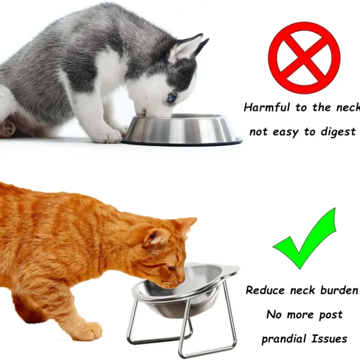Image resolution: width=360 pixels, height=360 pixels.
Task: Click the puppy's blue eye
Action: point(171,98)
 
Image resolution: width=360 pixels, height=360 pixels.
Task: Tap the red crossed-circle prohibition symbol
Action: point(304,58)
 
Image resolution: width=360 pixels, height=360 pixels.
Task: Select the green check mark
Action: point(304,239)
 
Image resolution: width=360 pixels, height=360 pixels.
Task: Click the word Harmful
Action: point(267,107)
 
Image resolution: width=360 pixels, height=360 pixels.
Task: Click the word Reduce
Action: point(265,290)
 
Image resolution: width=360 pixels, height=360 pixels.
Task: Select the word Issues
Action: point(329,339)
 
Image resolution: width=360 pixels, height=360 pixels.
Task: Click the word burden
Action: point(339,290)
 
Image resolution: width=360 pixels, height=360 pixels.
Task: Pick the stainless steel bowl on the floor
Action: point(182,129)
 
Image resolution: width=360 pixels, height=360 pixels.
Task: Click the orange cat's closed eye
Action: point(171,268)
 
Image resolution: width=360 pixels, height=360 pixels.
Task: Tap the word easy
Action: point(285,133)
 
